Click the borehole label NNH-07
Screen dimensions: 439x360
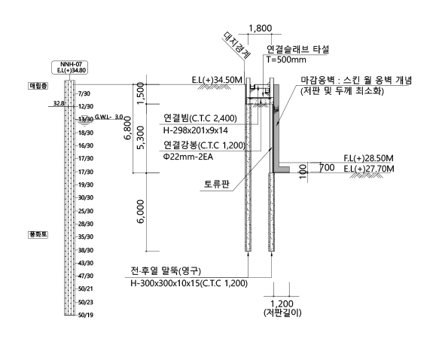(71, 64)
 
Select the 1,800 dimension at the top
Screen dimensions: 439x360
(260, 29)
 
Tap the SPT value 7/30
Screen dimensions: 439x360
(84, 93)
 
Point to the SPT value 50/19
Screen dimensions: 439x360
(86, 316)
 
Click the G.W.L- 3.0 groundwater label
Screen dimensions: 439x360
(109, 117)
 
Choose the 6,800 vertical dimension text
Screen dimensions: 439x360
(128, 128)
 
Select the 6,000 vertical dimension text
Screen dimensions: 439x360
(141, 212)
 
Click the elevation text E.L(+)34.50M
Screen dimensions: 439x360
(217, 80)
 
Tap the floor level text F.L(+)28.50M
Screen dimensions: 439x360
(368, 158)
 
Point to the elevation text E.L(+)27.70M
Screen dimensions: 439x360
(369, 169)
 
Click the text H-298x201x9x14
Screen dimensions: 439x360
(196, 130)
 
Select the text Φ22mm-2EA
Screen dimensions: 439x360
(188, 157)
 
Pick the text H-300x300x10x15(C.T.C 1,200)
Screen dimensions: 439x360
(189, 284)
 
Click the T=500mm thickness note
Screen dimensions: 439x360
(286, 59)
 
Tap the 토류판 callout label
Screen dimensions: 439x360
(217, 184)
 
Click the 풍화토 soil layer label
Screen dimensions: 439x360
(38, 235)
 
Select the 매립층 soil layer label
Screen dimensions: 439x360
(38, 86)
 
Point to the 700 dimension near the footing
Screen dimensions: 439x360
(327, 168)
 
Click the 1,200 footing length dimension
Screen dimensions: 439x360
(282, 304)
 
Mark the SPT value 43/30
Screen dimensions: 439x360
(86, 263)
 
